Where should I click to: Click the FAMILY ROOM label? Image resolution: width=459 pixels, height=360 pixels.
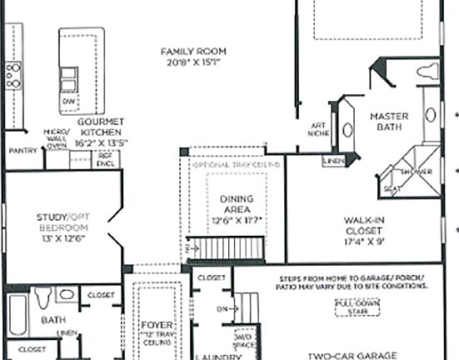193,52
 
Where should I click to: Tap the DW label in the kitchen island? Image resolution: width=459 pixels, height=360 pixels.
67,101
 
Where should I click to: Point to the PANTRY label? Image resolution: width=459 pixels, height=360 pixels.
22,151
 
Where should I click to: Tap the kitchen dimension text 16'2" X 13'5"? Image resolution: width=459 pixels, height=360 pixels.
100,142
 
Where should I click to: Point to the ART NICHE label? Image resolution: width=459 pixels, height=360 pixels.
317,128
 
